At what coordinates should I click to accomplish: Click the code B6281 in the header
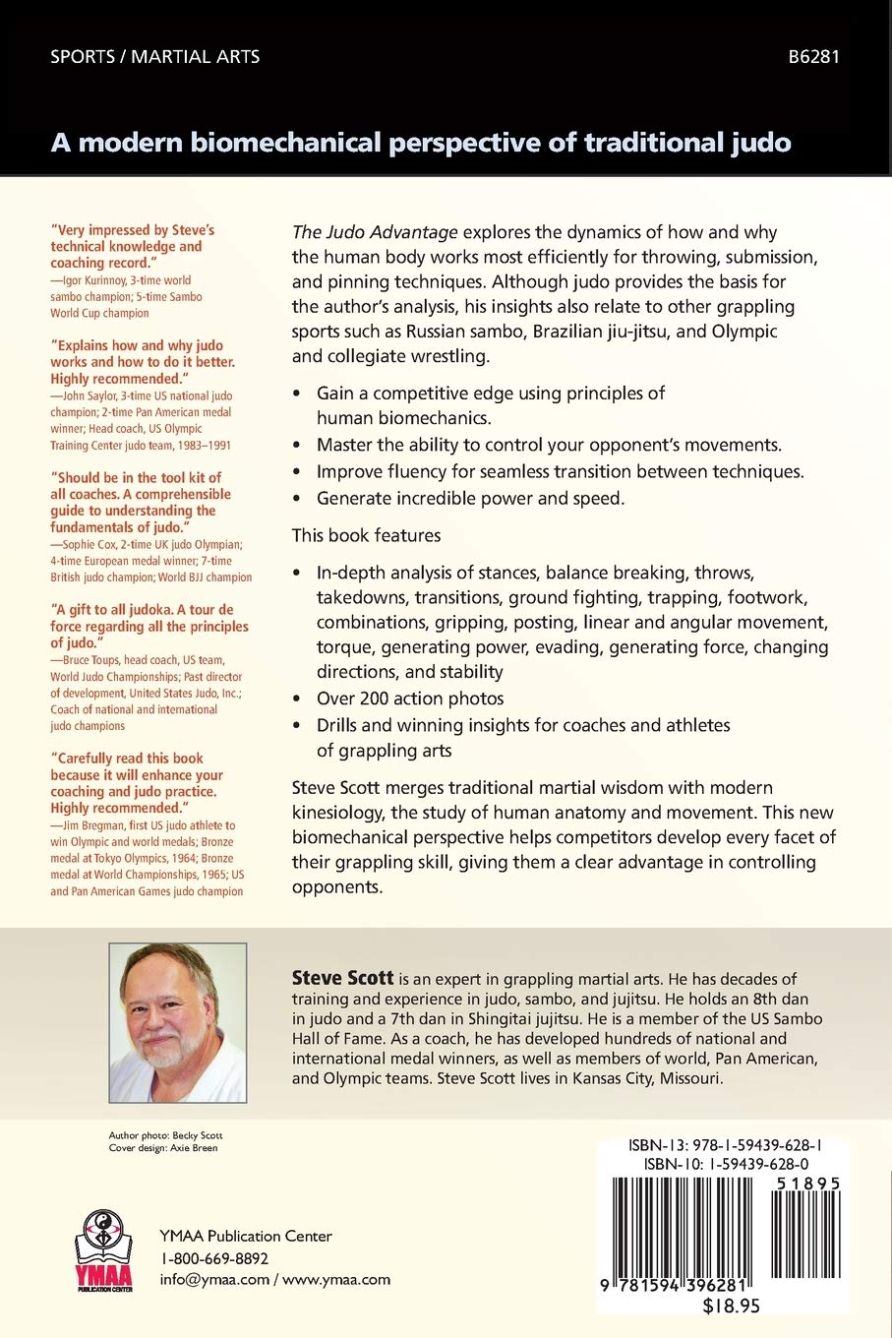pyautogui.click(x=813, y=56)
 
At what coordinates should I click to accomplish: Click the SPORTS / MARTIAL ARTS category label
pyautogui.click(x=155, y=56)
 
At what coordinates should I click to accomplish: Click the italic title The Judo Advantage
pyautogui.click(x=375, y=232)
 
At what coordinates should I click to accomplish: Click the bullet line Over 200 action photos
pyautogui.click(x=410, y=699)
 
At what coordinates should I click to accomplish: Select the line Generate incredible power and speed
pyautogui.click(x=470, y=498)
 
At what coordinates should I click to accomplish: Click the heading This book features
pyautogui.click(x=366, y=535)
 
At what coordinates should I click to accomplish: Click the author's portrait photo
pyautogui.click(x=177, y=1022)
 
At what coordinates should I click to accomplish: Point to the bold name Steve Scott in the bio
pyautogui.click(x=342, y=978)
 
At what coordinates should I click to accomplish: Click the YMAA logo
pyautogui.click(x=102, y=1249)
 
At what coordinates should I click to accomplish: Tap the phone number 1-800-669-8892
pyautogui.click(x=214, y=1258)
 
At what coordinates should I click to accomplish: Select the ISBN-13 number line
pyautogui.click(x=725, y=1145)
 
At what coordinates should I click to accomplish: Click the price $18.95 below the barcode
pyautogui.click(x=731, y=1307)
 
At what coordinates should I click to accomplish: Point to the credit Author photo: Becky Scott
pyautogui.click(x=165, y=1135)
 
